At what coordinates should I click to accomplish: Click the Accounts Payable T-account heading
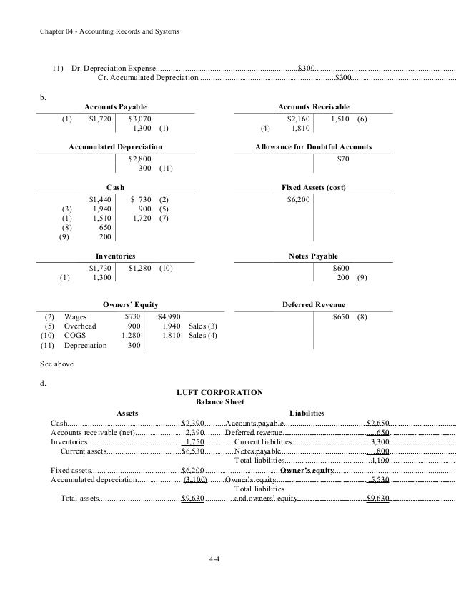(x=116, y=106)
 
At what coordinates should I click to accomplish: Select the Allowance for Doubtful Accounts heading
(x=313, y=146)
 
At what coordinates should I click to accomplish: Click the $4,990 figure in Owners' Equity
(x=169, y=316)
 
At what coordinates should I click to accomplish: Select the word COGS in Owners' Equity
(x=74, y=335)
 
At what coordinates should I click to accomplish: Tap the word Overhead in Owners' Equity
(x=79, y=325)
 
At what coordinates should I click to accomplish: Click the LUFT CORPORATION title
(x=219, y=392)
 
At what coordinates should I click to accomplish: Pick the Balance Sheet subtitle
(x=219, y=402)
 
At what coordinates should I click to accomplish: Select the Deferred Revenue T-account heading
(x=313, y=303)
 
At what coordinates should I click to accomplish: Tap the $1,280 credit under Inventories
(x=141, y=267)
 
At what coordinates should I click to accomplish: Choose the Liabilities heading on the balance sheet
(x=307, y=413)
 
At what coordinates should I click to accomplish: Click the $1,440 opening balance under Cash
(x=100, y=199)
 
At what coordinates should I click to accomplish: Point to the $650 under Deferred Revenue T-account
(x=341, y=316)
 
